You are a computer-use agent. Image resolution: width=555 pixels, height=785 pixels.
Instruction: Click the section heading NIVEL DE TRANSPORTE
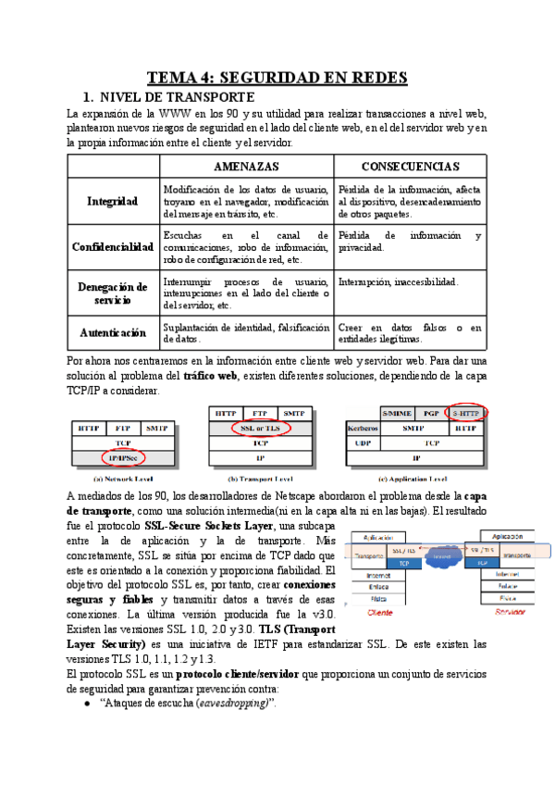point(176,96)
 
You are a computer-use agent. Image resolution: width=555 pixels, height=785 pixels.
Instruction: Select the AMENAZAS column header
point(246,166)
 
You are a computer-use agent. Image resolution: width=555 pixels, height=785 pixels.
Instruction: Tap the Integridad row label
point(112,201)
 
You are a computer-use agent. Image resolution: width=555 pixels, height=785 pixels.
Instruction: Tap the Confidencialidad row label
point(113,247)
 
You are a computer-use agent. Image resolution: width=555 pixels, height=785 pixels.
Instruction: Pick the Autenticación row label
point(113,331)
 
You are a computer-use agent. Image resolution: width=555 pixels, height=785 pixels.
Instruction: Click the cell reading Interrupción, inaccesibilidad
point(399,281)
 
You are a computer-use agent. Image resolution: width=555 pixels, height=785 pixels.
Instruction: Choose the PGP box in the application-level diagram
point(430,413)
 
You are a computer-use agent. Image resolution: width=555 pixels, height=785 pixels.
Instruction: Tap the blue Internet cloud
point(444,557)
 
